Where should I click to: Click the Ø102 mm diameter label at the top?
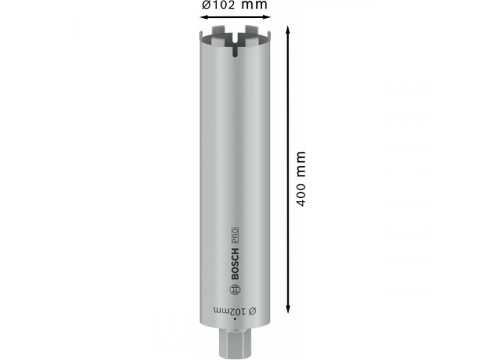(x=235, y=5)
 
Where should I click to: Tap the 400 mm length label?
(x=300, y=179)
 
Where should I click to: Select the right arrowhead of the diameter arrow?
(x=266, y=17)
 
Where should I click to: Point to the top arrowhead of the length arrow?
(x=288, y=30)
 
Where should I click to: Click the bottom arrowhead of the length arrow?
(x=288, y=308)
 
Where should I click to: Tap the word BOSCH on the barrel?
(x=235, y=264)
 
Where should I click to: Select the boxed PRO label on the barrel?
(x=235, y=235)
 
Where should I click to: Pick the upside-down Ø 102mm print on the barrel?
(x=235, y=311)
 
